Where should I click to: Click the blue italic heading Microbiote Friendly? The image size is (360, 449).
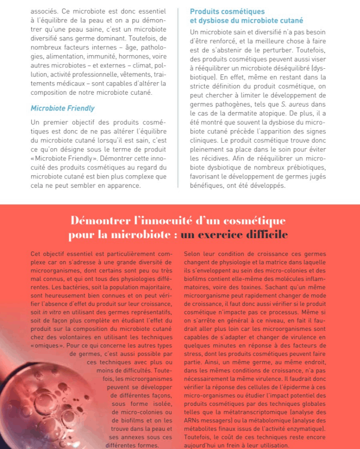[63, 108]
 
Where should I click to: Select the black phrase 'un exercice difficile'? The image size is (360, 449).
[234, 235]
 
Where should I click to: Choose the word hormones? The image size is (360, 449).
[126, 56]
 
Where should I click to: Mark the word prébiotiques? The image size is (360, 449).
[304, 166]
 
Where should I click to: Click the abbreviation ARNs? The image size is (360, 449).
[191, 420]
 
